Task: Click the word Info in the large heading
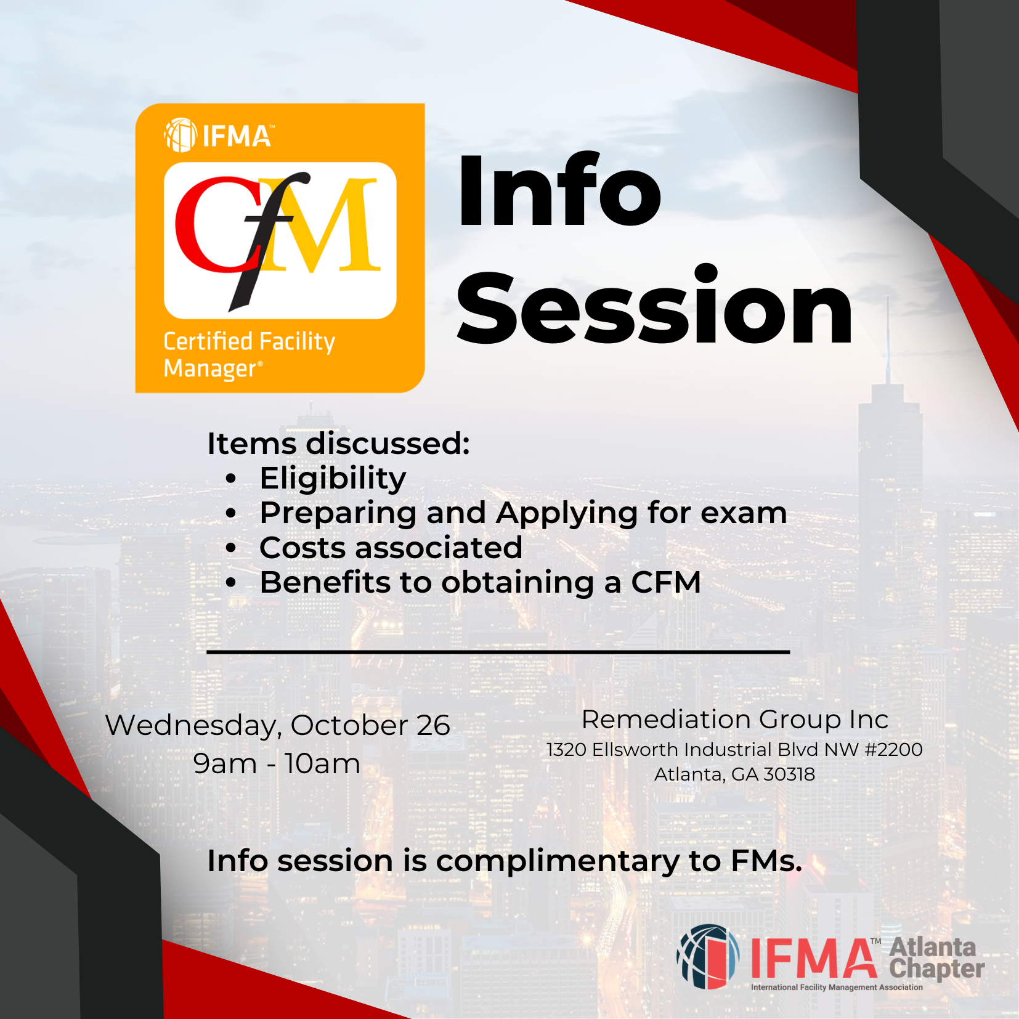point(559,190)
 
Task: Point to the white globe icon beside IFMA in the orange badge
point(181,135)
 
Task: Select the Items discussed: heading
point(338,444)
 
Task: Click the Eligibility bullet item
point(333,479)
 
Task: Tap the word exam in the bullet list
point(744,513)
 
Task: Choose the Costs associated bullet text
point(391,548)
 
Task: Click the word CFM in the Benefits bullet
point(666,582)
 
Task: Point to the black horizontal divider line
point(498,651)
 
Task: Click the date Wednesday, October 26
point(278,726)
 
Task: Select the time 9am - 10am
point(277,764)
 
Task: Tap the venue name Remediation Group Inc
point(735,720)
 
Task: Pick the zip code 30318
point(789,774)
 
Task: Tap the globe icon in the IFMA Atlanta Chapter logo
point(708,956)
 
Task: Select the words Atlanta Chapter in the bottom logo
point(936,959)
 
